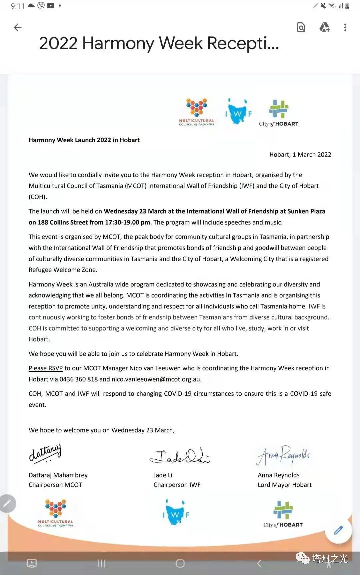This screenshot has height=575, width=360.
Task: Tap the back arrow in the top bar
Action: [x=18, y=27]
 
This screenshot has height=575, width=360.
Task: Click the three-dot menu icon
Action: [x=345, y=27]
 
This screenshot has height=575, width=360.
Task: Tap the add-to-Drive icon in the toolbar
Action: [x=324, y=27]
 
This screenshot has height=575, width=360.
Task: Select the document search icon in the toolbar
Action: [x=301, y=27]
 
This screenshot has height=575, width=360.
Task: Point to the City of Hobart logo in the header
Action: [x=279, y=114]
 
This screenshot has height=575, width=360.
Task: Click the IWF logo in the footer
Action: [x=176, y=513]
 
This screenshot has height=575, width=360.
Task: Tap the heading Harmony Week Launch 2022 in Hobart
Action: [x=84, y=140]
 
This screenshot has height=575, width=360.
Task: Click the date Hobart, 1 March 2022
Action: [x=300, y=155]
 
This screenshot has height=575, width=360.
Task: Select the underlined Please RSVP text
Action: [x=46, y=368]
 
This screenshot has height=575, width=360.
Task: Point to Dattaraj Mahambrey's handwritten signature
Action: [x=45, y=453]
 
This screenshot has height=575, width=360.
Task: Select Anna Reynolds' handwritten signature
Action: [x=283, y=455]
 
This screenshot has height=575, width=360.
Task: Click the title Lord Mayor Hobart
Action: [x=284, y=485]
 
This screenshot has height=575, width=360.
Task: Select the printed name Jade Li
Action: [x=163, y=475]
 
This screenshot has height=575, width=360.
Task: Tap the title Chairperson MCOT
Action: [x=55, y=485]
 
